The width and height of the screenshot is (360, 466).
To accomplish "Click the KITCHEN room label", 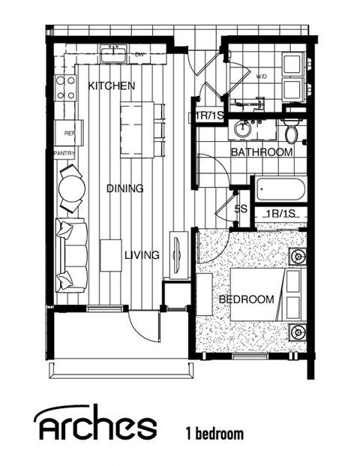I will pyautogui.click(x=112, y=86).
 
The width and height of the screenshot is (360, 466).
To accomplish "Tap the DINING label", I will pyautogui.click(x=124, y=188).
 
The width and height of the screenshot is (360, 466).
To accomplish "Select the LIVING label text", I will pyautogui.click(x=142, y=255).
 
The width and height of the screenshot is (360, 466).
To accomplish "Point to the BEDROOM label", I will pyautogui.click(x=246, y=299).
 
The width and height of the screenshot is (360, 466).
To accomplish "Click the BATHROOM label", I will pyautogui.click(x=261, y=152).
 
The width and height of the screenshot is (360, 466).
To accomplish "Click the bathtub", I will pyautogui.click(x=280, y=188).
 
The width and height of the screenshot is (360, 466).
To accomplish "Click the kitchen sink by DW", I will pyautogui.click(x=115, y=54).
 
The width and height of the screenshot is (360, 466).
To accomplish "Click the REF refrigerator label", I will pyautogui.click(x=70, y=133).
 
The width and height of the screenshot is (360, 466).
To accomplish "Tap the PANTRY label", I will pyautogui.click(x=64, y=152).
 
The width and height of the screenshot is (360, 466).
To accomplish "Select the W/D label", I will pyautogui.click(x=262, y=77).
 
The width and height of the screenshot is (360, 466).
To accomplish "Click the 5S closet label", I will pyautogui.click(x=241, y=209).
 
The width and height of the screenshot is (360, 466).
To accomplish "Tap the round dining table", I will pyautogui.click(x=71, y=188).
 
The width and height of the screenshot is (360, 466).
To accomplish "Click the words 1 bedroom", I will pyautogui.click(x=214, y=433).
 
